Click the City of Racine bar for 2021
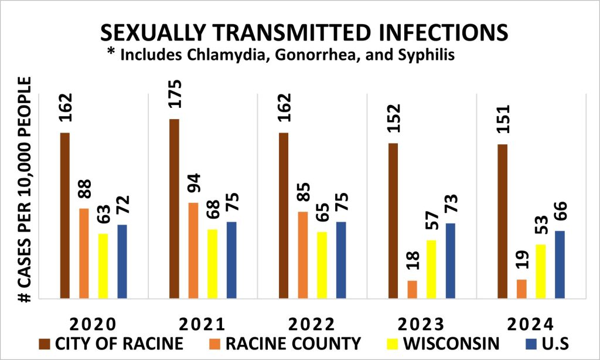coord(174,209)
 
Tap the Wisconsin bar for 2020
coord(103,266)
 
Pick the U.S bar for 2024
coord(560,264)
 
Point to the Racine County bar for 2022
coord(302,255)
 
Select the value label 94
coord(194,186)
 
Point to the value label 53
coord(540,227)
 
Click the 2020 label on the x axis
coord(94,324)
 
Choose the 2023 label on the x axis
coord(421,324)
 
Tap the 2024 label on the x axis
coord(531,324)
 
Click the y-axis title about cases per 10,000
coord(25,191)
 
